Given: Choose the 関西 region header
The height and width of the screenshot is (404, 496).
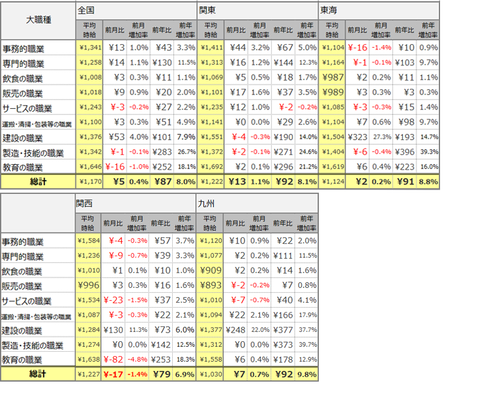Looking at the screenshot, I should tap(85, 203).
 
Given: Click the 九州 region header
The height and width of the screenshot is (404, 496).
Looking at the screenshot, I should tap(205, 203).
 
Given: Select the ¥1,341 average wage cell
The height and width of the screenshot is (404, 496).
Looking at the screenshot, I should tap(88, 47).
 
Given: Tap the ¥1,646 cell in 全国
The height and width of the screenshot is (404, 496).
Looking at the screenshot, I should tap(88, 167).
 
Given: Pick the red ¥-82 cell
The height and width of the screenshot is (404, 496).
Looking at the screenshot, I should tap(114, 359).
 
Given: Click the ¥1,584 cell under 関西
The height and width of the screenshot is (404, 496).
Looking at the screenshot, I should tap(88, 240).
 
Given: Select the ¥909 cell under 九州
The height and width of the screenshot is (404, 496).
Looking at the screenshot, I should tap(208, 270).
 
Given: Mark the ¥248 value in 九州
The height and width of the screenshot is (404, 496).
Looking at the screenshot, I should tap(236, 329).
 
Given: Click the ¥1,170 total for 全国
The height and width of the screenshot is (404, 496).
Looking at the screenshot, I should tap(88, 181).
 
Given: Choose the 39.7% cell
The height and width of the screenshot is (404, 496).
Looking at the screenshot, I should tap(308, 344).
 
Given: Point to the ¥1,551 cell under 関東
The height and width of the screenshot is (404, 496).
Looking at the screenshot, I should tap(208, 137).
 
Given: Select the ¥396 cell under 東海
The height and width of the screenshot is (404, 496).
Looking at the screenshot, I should tap(404, 152).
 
